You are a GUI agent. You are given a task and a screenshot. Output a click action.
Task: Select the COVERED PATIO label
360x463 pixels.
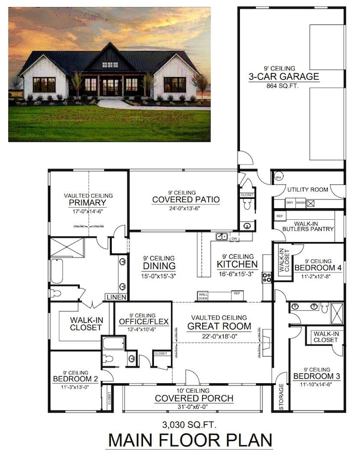coord(186,200)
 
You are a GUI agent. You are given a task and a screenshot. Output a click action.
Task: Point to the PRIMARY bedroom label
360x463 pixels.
coord(88,203)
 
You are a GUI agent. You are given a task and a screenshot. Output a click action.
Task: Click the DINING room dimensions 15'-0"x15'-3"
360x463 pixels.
coord(158,276)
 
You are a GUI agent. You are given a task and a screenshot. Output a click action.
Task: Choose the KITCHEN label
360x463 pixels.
coord(238,265)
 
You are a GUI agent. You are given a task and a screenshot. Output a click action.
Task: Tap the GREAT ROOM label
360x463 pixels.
coord(219,326)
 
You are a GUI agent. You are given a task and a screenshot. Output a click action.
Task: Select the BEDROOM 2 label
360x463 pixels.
coord(75,379)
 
